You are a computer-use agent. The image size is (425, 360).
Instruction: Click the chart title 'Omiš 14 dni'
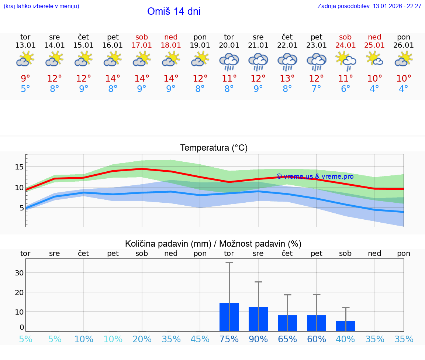click(174, 11)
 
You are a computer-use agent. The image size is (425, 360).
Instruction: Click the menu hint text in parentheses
click(41, 6)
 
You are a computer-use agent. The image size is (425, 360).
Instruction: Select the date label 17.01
click(142, 45)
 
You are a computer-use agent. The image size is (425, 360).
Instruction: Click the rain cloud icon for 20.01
click(229, 62)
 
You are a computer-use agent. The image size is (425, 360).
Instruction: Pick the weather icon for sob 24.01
click(346, 61)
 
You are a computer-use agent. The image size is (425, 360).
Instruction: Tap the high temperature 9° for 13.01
click(25, 79)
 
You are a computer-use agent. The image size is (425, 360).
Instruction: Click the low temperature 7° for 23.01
click(317, 89)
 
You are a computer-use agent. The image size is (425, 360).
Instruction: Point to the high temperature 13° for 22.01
click(287, 79)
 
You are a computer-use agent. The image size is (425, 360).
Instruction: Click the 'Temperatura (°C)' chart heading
click(214, 148)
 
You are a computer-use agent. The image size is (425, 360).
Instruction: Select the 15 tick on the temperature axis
click(19, 167)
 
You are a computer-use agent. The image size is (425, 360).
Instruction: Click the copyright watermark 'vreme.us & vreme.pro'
click(315, 176)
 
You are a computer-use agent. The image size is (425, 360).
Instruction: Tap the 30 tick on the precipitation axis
click(19, 273)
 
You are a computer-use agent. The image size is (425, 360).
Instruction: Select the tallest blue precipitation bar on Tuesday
click(229, 317)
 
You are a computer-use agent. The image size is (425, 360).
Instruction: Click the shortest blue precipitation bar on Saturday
click(346, 326)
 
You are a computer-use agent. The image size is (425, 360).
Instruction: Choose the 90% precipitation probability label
click(258, 339)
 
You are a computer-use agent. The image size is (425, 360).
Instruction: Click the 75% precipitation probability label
click(229, 339)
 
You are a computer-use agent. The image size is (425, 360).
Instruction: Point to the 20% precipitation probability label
click(142, 339)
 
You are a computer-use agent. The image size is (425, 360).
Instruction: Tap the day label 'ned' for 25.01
click(374, 37)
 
